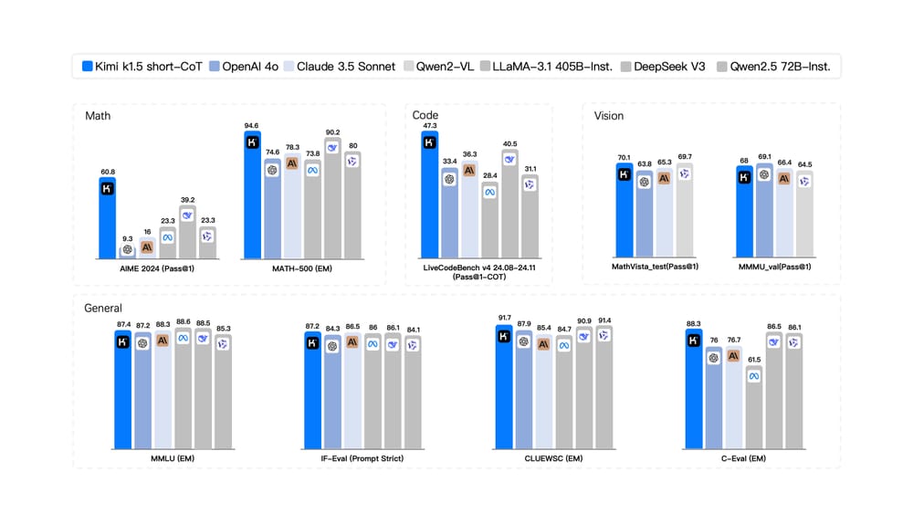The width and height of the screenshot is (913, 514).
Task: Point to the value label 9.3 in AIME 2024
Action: tap(128, 238)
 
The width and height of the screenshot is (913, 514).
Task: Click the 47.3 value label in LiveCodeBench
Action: tap(429, 125)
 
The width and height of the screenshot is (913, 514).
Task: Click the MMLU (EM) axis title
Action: tap(173, 457)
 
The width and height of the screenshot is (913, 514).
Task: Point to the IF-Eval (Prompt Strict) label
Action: tap(362, 457)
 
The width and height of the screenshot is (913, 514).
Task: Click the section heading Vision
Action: tap(609, 116)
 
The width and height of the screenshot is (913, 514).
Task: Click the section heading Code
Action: tap(425, 115)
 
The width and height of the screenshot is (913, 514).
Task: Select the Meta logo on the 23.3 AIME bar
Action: tap(168, 236)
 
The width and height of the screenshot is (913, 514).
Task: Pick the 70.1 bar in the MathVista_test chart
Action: tap(624, 210)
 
